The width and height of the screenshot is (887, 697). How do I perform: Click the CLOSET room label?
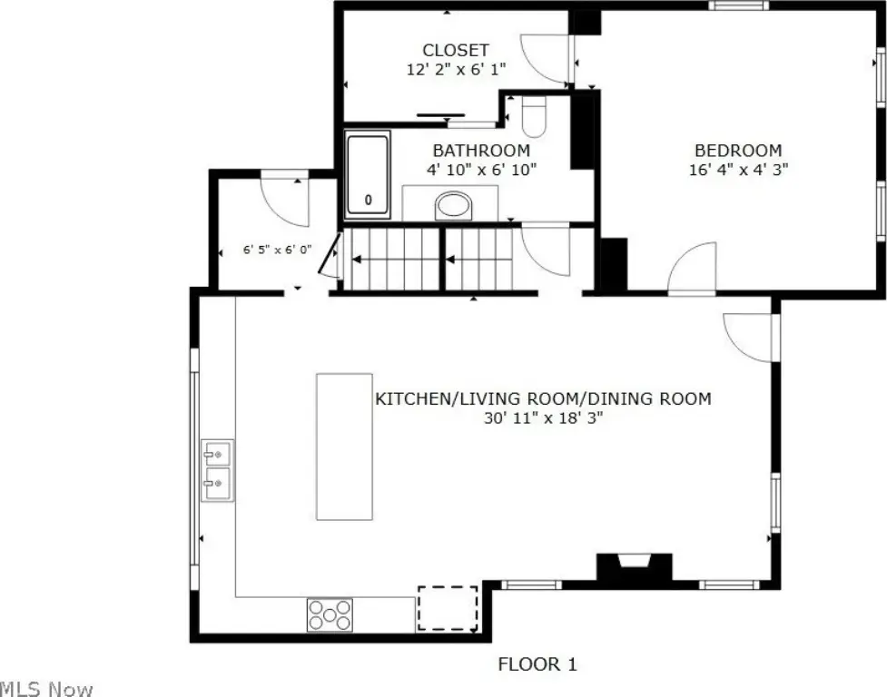(x=456, y=50)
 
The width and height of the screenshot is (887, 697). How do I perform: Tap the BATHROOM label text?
(x=481, y=151)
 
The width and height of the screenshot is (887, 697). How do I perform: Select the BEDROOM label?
(x=738, y=151)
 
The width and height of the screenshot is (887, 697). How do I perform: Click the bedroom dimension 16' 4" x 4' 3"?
(x=738, y=170)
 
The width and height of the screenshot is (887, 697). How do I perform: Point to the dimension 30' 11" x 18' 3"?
(x=543, y=418)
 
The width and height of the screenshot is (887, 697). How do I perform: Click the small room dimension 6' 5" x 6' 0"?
(x=277, y=250)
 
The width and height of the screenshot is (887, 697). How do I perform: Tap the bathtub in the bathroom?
(x=368, y=174)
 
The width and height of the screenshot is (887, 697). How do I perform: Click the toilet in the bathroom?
(x=534, y=116)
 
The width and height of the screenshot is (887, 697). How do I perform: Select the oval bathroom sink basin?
(x=453, y=206)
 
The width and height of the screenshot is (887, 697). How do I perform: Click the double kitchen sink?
(x=218, y=470)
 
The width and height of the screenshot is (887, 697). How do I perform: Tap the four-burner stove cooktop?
(x=330, y=615)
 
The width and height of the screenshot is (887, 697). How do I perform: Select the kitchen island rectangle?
(x=344, y=446)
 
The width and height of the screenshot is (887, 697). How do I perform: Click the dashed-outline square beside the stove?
(x=448, y=608)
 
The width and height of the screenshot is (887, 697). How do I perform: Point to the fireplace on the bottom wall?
(x=634, y=567)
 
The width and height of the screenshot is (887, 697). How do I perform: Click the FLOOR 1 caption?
(x=537, y=664)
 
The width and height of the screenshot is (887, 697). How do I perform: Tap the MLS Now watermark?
(x=46, y=689)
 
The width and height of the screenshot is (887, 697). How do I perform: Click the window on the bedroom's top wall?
(x=739, y=5)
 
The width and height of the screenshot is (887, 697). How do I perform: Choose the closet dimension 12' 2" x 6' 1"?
(x=456, y=70)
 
